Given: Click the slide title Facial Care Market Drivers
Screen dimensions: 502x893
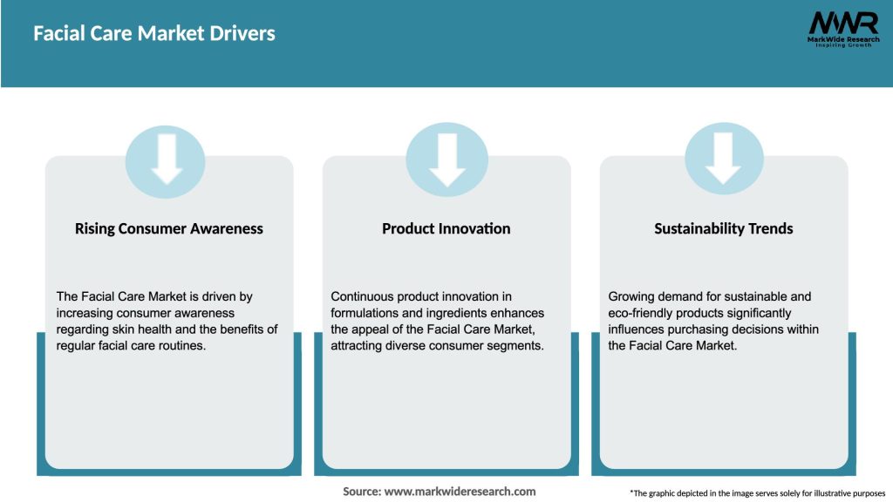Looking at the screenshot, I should (154, 34).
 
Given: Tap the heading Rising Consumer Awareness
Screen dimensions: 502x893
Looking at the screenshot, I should (169, 228).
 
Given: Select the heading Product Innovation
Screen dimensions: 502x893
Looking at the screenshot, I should (446, 228).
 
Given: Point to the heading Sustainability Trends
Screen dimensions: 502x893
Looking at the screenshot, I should (724, 228).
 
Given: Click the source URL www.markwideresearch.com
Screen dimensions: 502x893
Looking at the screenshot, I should (460, 492).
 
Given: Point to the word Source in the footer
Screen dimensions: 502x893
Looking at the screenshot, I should (361, 492).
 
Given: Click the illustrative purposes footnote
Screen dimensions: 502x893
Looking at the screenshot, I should (757, 493).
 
